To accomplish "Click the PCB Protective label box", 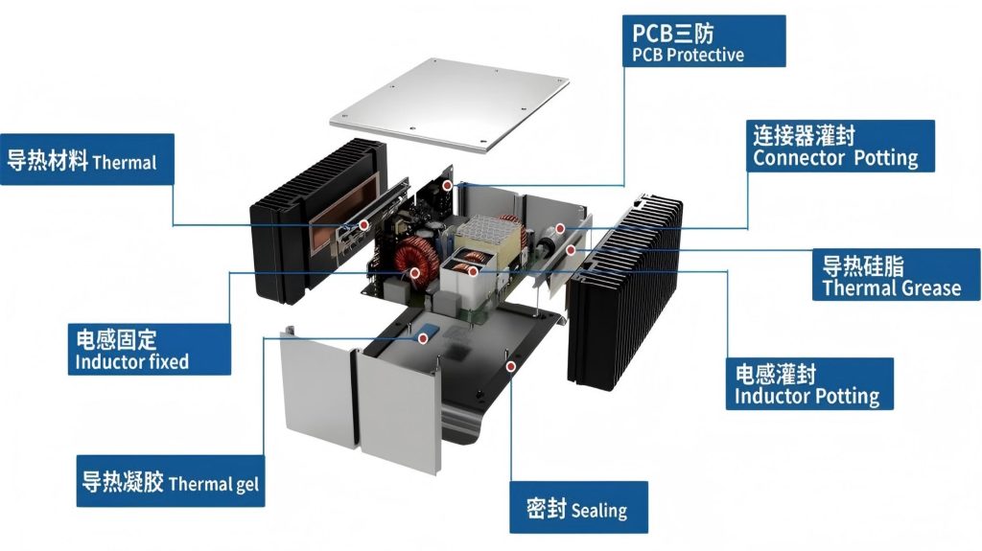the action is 704,41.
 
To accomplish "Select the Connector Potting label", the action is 840,146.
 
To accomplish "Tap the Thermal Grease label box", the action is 897,274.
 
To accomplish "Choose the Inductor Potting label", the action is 809,384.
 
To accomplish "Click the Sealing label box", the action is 578,507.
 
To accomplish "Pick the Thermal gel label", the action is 171,481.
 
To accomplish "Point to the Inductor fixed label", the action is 149,350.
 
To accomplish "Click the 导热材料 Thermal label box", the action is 87,159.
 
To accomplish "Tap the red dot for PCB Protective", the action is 447,186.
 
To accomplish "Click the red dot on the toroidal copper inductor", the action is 414,272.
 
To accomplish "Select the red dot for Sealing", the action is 511,366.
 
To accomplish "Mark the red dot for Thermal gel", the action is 423,338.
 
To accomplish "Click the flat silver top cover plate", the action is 449,104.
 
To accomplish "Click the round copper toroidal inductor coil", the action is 416,260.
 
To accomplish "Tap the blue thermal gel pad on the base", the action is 428,331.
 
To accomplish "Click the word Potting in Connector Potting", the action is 885,158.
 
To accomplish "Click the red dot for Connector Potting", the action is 560,228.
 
